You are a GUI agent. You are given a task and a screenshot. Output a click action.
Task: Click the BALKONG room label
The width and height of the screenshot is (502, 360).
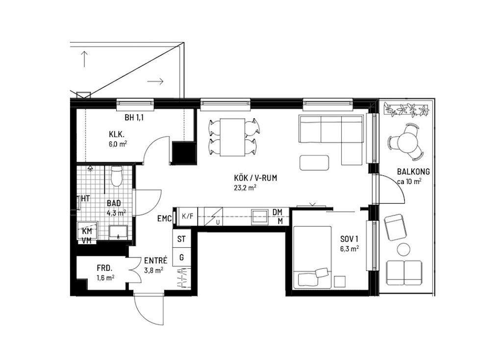(413, 171)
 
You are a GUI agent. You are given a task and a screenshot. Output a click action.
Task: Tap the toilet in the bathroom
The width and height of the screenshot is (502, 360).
(116, 176)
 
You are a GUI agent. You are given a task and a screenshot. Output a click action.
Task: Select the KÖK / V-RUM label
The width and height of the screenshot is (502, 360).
(255, 178)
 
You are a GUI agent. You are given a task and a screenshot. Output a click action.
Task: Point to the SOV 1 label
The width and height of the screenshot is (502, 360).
(349, 239)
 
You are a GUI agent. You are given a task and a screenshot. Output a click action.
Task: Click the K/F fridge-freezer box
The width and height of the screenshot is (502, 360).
(187, 216)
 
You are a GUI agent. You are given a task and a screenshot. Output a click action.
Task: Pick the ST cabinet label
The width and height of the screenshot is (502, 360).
(181, 239)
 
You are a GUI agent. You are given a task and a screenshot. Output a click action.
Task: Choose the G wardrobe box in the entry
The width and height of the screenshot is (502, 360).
(181, 257)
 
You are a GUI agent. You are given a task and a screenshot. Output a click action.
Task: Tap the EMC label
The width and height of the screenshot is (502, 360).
(165, 219)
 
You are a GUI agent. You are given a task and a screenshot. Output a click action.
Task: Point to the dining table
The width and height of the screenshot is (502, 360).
(232, 137)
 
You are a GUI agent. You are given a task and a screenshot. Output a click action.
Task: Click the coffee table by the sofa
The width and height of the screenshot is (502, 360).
(314, 162)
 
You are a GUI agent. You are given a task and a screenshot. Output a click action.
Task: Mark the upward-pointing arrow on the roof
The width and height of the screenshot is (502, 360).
(84, 59)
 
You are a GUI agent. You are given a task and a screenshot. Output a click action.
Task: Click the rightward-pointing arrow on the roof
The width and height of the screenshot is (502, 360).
(155, 81)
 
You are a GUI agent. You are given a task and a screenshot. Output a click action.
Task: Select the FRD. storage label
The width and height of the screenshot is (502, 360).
(105, 268)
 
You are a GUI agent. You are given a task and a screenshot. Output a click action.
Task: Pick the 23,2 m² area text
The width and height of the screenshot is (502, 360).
(245, 188)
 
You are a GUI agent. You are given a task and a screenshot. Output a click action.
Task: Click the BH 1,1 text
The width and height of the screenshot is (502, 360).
(134, 118)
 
